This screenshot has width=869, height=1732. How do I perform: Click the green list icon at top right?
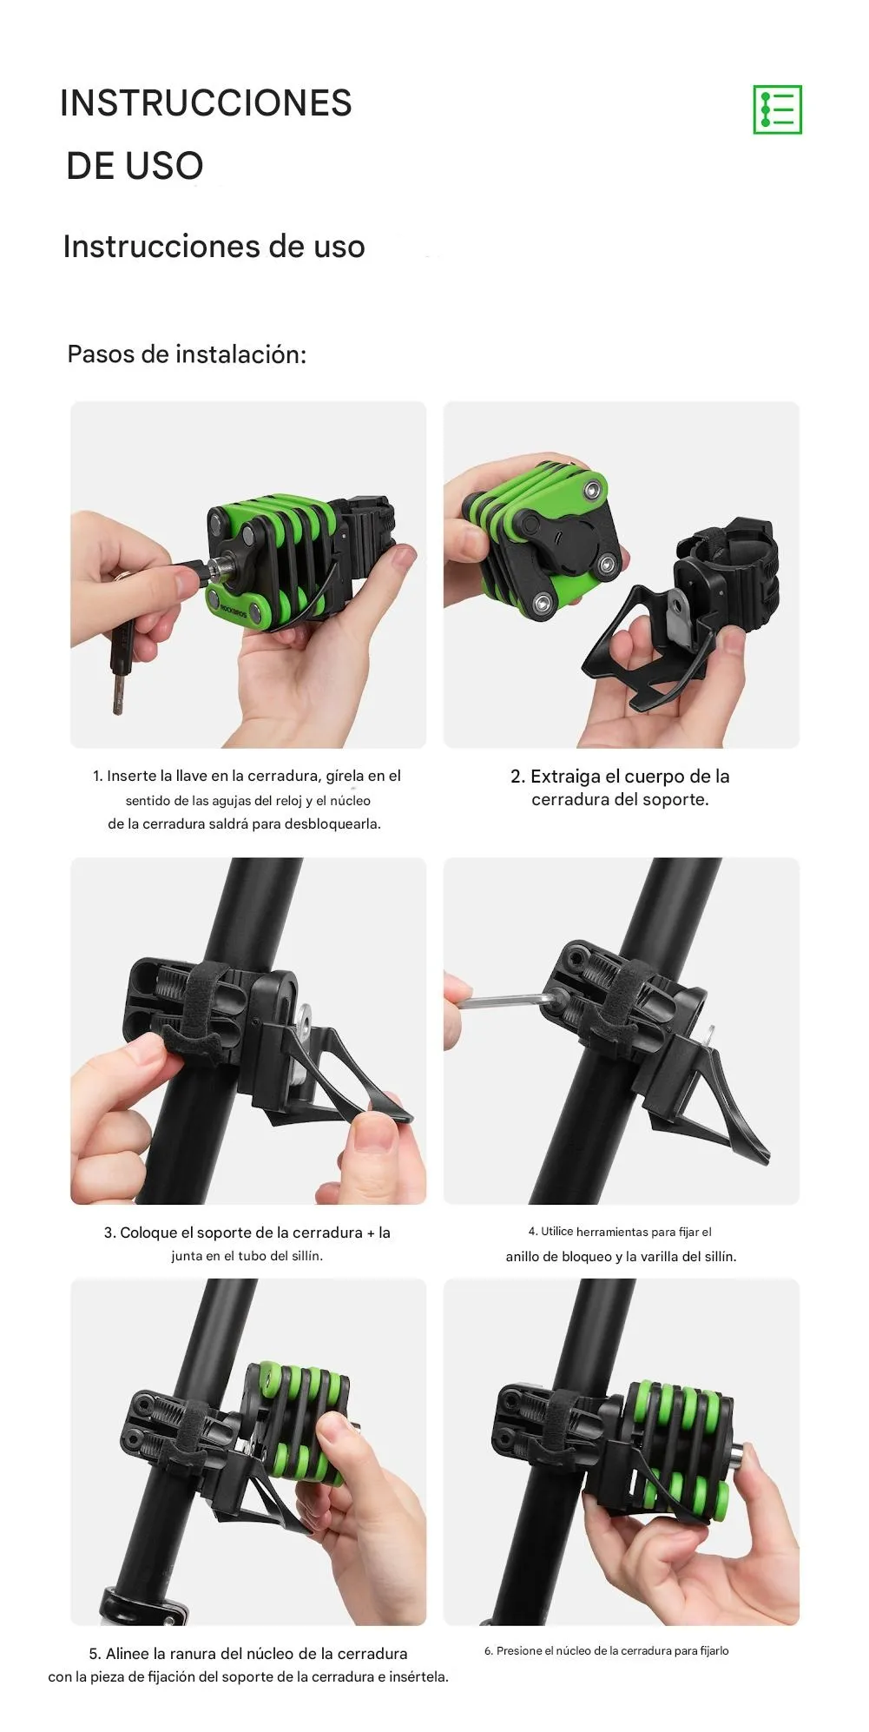(x=777, y=109)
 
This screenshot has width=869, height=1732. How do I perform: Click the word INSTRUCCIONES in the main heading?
(x=206, y=102)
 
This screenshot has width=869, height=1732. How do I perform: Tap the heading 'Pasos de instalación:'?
(x=187, y=354)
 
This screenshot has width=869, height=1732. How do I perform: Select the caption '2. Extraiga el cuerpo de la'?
(x=620, y=776)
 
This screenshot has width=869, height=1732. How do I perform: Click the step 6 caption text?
(x=606, y=1650)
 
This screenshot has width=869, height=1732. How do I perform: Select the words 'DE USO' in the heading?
(x=135, y=166)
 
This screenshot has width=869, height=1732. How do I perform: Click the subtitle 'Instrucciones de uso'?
(x=214, y=247)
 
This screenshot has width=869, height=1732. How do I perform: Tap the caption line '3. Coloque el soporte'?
(x=247, y=1233)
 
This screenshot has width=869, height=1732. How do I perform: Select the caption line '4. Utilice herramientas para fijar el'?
(x=620, y=1232)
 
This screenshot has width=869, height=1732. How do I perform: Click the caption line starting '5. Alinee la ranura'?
(x=248, y=1653)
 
